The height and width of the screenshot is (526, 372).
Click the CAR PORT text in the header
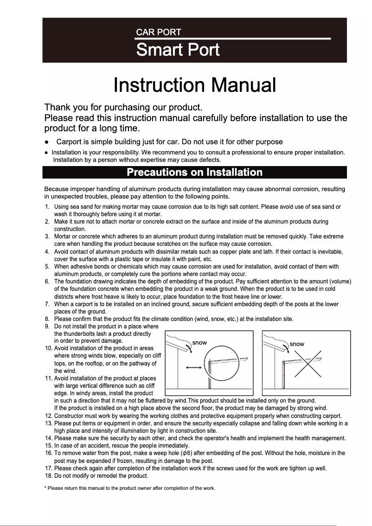click(x=158, y=32)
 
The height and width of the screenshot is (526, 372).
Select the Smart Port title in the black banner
click(x=178, y=50)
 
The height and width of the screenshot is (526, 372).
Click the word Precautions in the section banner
click(x=155, y=173)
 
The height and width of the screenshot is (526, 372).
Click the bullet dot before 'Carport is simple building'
click(x=47, y=142)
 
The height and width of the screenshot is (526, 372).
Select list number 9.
click(x=47, y=327)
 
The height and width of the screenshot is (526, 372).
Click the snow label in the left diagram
click(x=199, y=343)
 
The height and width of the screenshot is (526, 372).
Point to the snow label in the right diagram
click(x=297, y=344)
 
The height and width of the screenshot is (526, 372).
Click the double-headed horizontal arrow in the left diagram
click(x=193, y=367)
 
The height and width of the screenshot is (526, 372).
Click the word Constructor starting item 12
click(x=69, y=416)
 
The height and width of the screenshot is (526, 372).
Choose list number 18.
click(x=48, y=475)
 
